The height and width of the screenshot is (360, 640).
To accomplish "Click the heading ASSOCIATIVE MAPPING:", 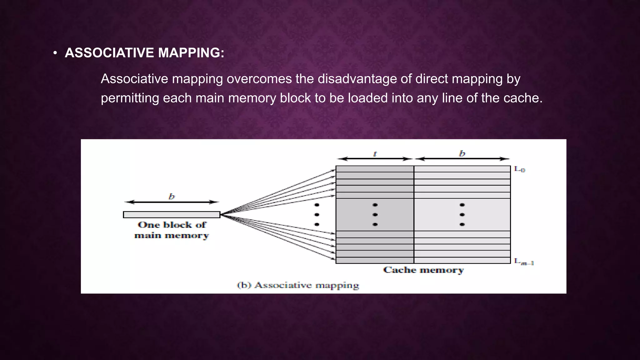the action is click(144, 53).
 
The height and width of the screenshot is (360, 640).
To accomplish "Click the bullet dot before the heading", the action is click(55, 53).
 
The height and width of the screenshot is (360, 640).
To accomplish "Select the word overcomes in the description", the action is click(259, 79).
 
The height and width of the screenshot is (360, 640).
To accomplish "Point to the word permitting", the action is click(130, 98).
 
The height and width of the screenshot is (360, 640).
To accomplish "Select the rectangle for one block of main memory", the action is click(172, 215).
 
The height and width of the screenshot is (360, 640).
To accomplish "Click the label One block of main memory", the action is click(172, 230).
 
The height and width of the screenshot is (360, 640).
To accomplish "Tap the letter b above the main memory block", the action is click(172, 197).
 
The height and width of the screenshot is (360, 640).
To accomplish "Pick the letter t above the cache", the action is click(375, 154).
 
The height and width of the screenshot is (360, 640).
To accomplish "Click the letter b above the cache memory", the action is click(462, 153).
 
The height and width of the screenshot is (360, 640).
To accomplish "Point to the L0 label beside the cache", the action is click(519, 169).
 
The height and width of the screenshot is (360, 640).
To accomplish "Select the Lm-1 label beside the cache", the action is click(524, 262).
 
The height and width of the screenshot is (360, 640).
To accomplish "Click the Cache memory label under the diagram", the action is click(423, 270).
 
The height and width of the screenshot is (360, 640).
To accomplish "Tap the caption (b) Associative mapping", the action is click(298, 285).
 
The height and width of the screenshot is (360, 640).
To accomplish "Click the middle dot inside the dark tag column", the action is click(375, 215).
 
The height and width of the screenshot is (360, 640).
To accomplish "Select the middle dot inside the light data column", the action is click(462, 215).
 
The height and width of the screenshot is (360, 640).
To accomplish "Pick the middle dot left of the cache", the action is click(317, 215).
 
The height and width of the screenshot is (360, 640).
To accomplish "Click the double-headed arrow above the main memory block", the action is click(172, 202).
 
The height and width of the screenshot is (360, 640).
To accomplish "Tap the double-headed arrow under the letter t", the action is click(375, 159).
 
